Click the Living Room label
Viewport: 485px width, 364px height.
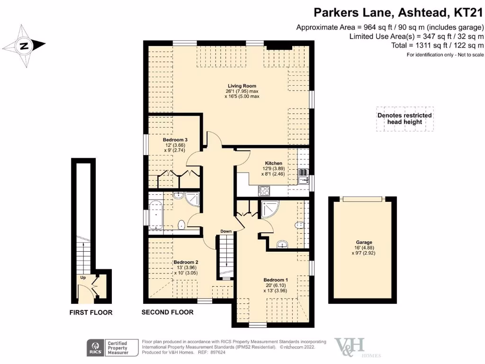(242, 86)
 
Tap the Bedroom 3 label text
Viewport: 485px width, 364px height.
(175, 140)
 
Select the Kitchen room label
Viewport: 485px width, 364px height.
(274, 163)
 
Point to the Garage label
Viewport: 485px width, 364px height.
(362, 242)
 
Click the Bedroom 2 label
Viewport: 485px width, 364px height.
(186, 262)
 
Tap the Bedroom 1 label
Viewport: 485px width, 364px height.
(276, 280)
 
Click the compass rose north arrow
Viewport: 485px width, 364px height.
(24, 46)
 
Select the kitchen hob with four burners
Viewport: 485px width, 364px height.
(264, 191)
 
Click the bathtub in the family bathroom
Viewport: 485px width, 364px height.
(155, 216)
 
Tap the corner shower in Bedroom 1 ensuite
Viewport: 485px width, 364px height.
(269, 209)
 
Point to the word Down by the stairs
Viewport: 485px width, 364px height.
(226, 231)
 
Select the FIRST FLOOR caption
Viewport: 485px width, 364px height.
(91, 312)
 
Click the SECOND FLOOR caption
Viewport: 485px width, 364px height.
(168, 312)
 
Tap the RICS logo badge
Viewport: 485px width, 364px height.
(94, 347)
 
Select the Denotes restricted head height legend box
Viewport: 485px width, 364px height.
(404, 118)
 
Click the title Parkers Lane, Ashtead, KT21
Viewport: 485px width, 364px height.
(399, 12)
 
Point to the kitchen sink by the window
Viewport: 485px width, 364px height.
(303, 176)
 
